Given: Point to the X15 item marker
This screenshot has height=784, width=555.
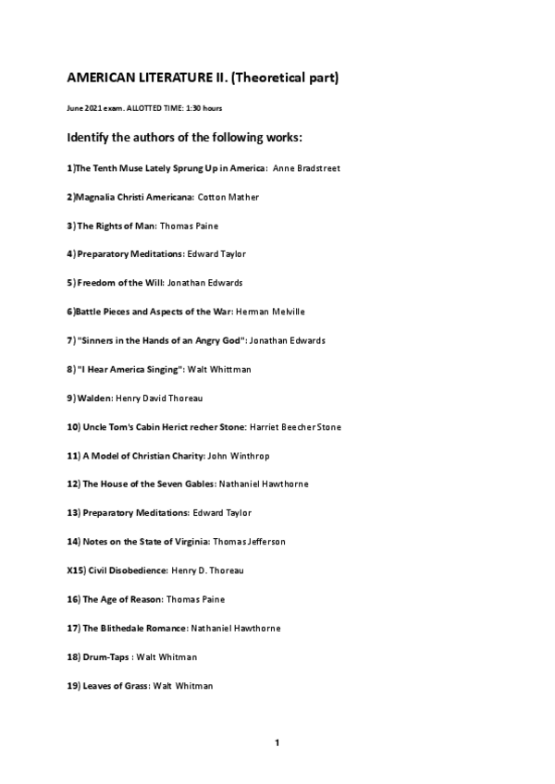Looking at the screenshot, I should point(76,570).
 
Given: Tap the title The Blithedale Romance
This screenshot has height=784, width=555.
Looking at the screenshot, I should point(135,628).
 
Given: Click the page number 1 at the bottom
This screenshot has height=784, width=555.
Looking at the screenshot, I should point(277,743).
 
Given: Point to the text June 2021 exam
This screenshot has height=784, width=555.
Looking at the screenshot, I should point(94,108).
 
